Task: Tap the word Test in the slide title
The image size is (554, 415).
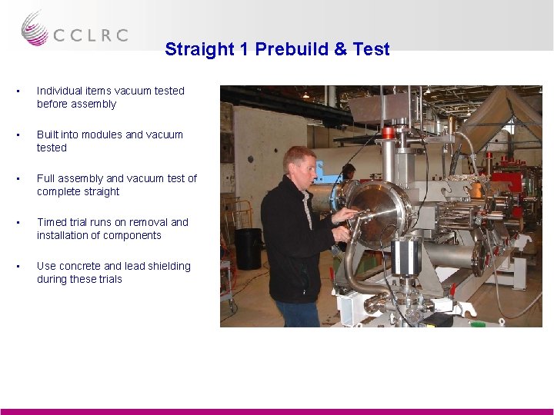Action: (372, 49)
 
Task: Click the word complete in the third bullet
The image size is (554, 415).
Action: (58, 191)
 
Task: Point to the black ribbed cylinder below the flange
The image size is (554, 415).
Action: (405, 258)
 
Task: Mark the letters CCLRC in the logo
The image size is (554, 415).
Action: (90, 35)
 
